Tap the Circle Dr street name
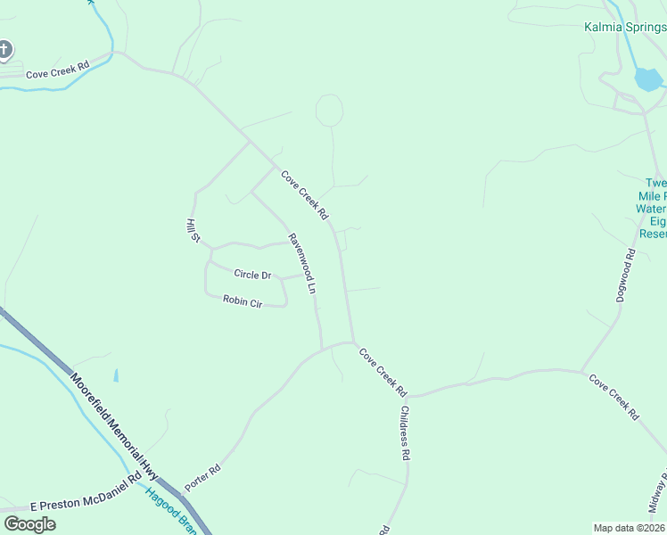click(251, 275)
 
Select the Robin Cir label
click(242, 302)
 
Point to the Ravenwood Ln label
click(301, 264)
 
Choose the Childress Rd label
click(405, 433)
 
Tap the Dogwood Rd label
click(626, 275)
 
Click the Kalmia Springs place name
click(625, 27)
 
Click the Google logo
click(29, 524)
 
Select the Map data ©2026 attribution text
click(630, 528)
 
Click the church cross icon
click(4, 50)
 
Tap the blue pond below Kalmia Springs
click(648, 80)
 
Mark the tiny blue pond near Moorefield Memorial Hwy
click(116, 376)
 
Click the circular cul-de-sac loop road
click(329, 111)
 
